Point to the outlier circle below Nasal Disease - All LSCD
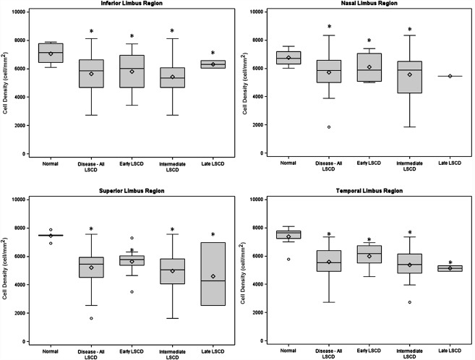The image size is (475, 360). tap(328, 127)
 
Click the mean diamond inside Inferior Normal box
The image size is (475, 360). tap(51, 53)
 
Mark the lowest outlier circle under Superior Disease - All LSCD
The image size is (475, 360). tap(91, 318)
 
